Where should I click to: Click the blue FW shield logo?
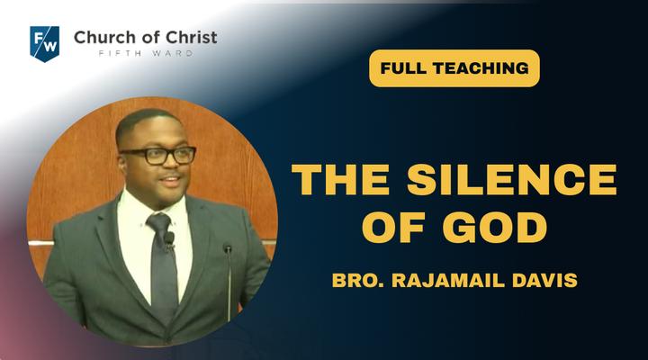coord(45,43)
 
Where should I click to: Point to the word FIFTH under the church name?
coord(115,53)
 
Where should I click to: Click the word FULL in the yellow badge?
coord(402,68)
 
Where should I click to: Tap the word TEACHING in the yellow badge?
coord(481,68)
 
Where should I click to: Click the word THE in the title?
coord(341,179)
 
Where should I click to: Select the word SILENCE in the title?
coord(512,179)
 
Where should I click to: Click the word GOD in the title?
coord(495,227)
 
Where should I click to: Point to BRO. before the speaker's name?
coord(358,280)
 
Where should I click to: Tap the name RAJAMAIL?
coord(448,280)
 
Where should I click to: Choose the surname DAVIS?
coord(544,280)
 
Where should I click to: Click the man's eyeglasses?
coord(159,155)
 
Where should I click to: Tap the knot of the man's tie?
coord(159,223)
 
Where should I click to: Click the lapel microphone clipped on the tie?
coord(168,239)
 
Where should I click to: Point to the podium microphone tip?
coord(228,248)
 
